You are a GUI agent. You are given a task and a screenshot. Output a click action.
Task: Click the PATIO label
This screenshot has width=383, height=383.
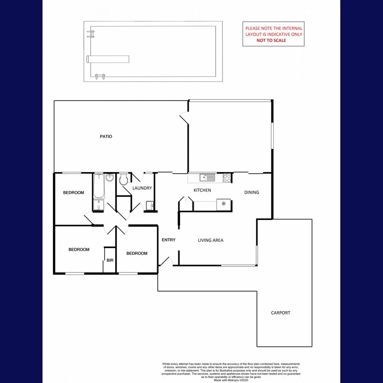pos(106,137)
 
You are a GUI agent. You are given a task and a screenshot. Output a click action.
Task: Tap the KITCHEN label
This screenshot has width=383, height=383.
pos(202,190)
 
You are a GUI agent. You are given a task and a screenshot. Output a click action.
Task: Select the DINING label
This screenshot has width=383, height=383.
pos(252,192)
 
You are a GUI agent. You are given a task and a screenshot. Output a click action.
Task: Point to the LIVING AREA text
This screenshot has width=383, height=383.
pos(210,240)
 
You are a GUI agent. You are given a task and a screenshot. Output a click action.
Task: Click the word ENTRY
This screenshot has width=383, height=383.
pos(169,240)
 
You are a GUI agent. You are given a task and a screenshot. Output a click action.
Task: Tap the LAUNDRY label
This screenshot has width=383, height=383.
pos(142,188)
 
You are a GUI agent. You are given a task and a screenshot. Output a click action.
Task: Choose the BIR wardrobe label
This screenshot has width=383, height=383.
pos(110,260)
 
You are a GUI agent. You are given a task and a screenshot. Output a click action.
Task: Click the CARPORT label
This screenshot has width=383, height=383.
pos(280,313)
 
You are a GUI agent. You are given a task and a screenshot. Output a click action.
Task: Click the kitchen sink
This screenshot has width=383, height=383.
pos(206,177)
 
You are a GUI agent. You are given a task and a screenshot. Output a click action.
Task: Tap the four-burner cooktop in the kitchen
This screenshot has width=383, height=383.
pos(227,178)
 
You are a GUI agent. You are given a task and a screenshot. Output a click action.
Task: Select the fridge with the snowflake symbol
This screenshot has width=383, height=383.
pos(224,204)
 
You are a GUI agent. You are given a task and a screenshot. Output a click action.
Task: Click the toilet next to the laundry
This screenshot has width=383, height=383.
pos(124,180)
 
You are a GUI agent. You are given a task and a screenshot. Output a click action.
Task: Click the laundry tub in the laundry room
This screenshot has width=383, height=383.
pos(149,206)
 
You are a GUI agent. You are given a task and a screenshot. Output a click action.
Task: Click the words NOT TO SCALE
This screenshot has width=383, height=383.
pos(271,40)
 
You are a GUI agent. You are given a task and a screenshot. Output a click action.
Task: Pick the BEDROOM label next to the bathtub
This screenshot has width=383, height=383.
pos(74,193)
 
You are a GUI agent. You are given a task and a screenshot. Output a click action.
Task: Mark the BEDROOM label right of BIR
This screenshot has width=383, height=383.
pos(137,253)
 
